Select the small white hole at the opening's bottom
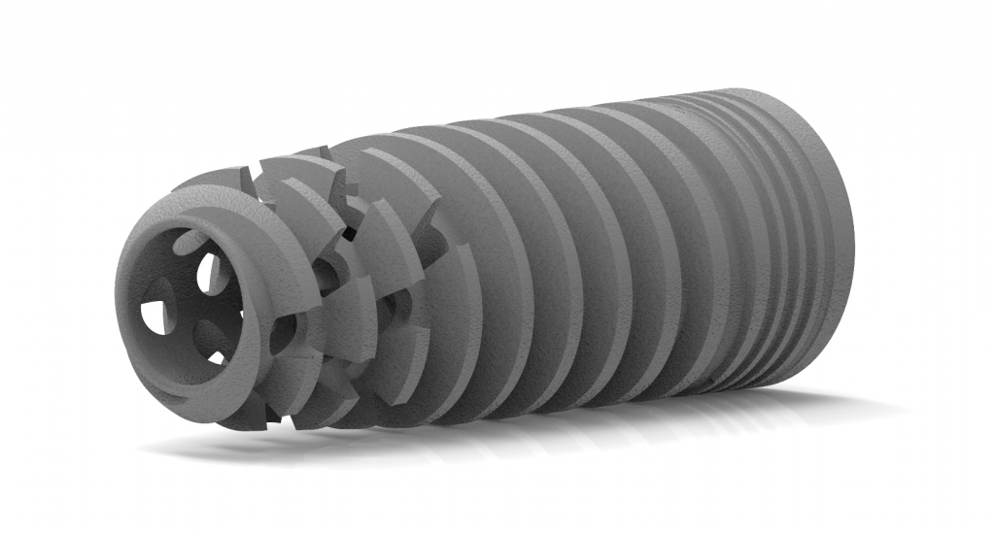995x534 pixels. click(216, 357)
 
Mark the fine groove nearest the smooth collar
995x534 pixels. click(777, 243)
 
